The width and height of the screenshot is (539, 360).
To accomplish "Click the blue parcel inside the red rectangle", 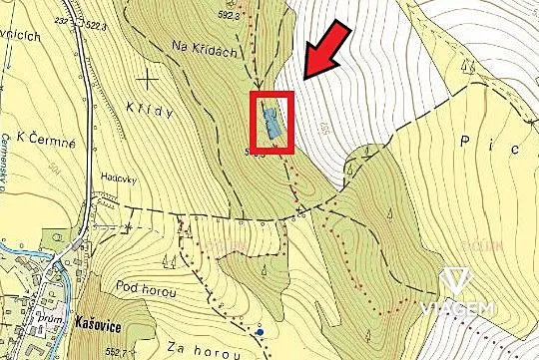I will (x=271, y=123).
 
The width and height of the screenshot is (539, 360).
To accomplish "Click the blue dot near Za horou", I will (x=260, y=331).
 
